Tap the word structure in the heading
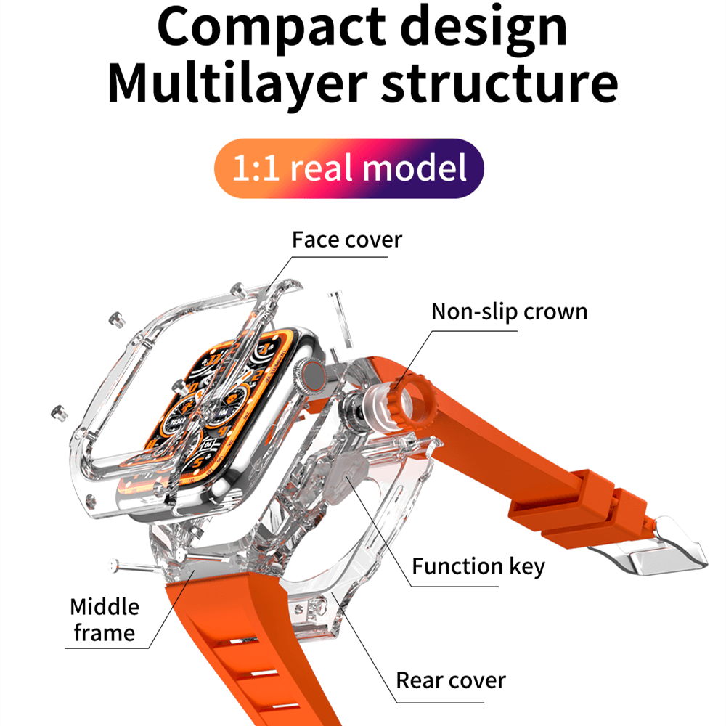click(x=499, y=84)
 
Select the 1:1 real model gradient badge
click(x=348, y=168)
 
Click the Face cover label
click(x=346, y=239)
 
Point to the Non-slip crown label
click(x=509, y=311)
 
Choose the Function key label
click(x=478, y=566)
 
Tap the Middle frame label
click(x=105, y=619)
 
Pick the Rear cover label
click(x=450, y=680)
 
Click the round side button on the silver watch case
click(x=314, y=372)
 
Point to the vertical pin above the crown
click(x=337, y=312)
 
